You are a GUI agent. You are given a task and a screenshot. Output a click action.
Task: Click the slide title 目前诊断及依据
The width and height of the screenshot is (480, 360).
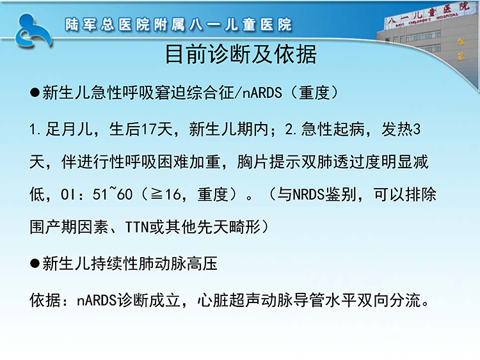[x=241, y=54]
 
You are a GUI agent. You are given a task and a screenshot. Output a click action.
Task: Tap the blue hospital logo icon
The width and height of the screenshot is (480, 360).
[x=33, y=31]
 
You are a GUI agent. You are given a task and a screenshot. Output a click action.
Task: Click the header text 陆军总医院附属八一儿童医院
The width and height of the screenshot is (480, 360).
[x=178, y=25]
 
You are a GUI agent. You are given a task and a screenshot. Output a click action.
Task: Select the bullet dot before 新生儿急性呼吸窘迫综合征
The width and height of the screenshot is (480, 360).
[x=35, y=93]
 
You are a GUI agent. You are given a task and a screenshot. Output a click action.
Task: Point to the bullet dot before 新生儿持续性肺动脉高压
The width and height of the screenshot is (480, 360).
[x=35, y=263]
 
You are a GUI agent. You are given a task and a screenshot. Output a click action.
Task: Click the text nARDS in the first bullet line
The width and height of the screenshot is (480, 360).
[x=262, y=93]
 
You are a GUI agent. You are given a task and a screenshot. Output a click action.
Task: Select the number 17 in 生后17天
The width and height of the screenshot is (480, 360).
[x=148, y=129]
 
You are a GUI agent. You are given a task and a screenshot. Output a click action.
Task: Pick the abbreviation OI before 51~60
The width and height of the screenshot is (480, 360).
[x=67, y=194]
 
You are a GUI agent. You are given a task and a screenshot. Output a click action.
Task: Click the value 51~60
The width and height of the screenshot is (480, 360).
[x=113, y=194]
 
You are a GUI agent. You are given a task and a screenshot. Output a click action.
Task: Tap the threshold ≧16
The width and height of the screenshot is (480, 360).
[x=166, y=194]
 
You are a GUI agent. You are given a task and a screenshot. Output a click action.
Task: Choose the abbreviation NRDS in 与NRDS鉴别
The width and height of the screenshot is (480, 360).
[x=308, y=194]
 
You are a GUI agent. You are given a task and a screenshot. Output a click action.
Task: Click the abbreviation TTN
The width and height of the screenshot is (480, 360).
[x=137, y=227]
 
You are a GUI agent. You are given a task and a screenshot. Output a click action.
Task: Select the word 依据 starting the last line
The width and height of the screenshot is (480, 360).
[x=45, y=300]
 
